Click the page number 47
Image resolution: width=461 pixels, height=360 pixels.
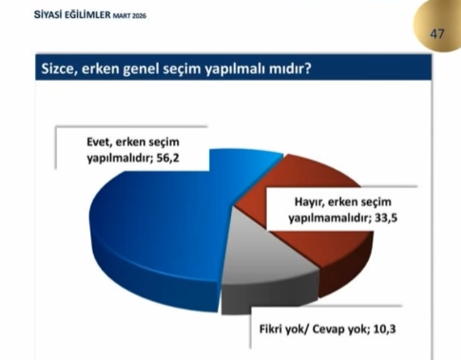pyautogui.click(x=437, y=33)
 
